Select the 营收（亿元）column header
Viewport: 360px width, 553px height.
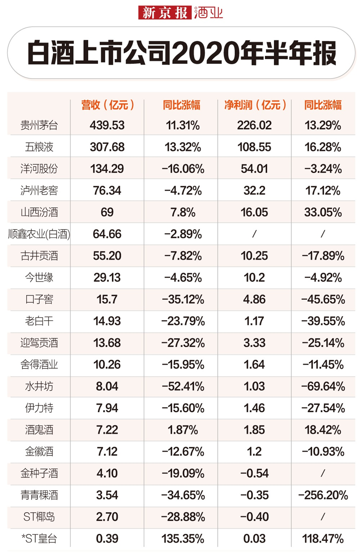click(x=108, y=105)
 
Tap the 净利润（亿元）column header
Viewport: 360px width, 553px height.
click(x=255, y=105)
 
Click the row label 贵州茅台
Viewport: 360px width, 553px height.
click(x=39, y=125)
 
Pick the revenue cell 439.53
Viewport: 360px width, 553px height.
click(x=107, y=125)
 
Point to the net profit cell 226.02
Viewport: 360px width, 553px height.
click(x=254, y=125)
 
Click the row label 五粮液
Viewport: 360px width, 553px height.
click(x=39, y=147)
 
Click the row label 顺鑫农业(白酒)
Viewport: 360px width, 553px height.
click(x=39, y=234)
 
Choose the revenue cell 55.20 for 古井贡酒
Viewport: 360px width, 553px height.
click(x=107, y=256)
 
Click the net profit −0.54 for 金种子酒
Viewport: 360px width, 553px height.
click(x=254, y=473)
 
